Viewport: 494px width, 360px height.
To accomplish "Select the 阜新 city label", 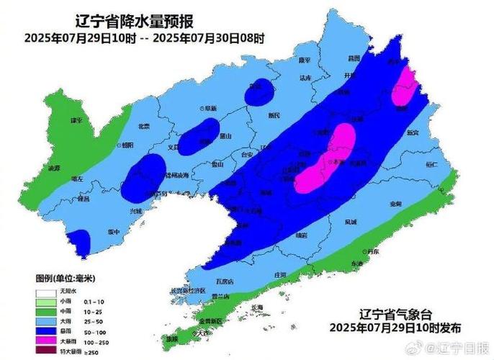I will click(210, 108).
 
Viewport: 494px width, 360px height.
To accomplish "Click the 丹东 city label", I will click(372, 251).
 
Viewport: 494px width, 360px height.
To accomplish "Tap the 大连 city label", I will click(206, 332).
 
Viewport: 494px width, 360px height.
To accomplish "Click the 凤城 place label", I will click(351, 222).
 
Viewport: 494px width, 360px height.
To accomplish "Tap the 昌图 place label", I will click(353, 57).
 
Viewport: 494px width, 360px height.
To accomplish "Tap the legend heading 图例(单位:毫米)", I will click(66, 278).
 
